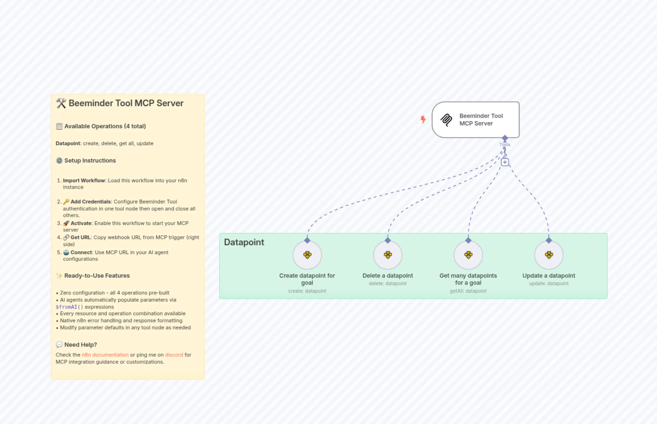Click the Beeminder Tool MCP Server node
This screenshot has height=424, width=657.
click(x=475, y=120)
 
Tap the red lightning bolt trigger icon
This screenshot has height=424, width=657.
click(x=423, y=120)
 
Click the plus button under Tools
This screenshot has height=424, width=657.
click(x=505, y=162)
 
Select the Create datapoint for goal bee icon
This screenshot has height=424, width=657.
click(x=307, y=255)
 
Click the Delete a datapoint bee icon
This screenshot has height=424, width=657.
click(x=388, y=255)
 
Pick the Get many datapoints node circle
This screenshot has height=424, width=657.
click(x=468, y=255)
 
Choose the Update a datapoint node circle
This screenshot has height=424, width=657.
click(x=548, y=255)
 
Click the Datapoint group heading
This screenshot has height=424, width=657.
click(x=244, y=242)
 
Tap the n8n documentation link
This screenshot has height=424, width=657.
click(x=105, y=355)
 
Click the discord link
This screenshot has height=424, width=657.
click(x=174, y=355)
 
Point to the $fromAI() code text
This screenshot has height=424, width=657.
click(x=69, y=307)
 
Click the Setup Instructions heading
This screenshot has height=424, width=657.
click(x=90, y=160)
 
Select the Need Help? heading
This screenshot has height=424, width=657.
click(x=80, y=345)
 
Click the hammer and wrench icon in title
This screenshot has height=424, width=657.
click(x=61, y=104)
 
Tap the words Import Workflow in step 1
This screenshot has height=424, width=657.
click(x=84, y=181)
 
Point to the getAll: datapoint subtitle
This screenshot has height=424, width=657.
click(x=468, y=291)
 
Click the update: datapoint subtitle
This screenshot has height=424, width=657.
click(x=548, y=284)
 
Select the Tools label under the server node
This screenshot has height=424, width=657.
click(x=505, y=144)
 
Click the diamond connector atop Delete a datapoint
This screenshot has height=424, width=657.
click(x=388, y=240)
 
